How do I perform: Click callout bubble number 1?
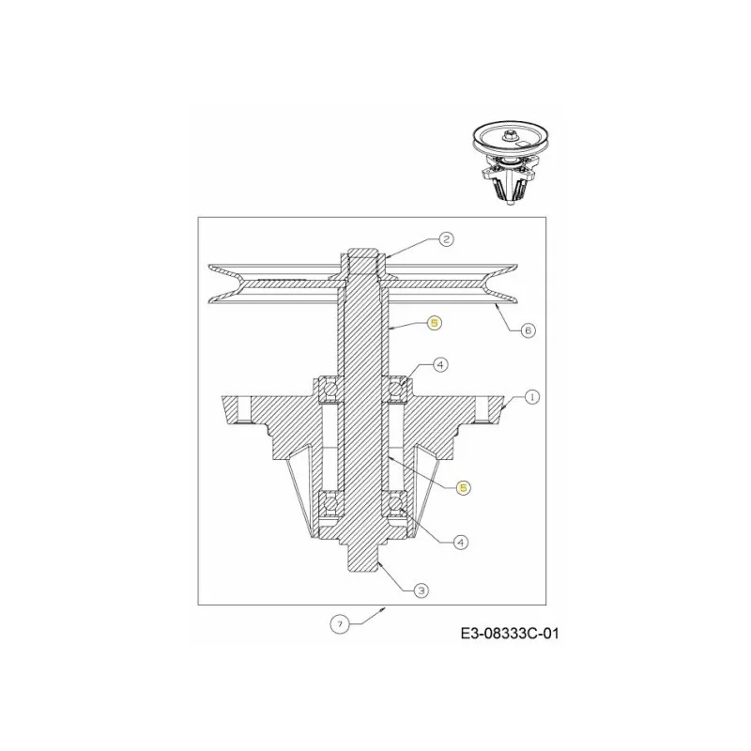(531, 396)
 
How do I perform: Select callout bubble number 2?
(446, 239)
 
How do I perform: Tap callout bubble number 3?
(421, 590)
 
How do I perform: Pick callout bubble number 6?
(528, 330)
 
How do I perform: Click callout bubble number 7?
(340, 624)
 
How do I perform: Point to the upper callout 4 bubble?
(439, 365)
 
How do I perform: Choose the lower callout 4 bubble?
(460, 543)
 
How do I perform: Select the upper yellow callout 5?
(434, 323)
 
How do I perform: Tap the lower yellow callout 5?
(463, 487)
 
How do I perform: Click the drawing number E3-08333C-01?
(510, 634)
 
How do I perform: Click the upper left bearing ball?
(329, 387)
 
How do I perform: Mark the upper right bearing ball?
(395, 387)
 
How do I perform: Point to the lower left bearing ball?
(329, 504)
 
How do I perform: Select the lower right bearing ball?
(395, 504)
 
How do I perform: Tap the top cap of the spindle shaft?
(362, 253)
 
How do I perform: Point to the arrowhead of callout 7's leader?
(384, 608)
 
